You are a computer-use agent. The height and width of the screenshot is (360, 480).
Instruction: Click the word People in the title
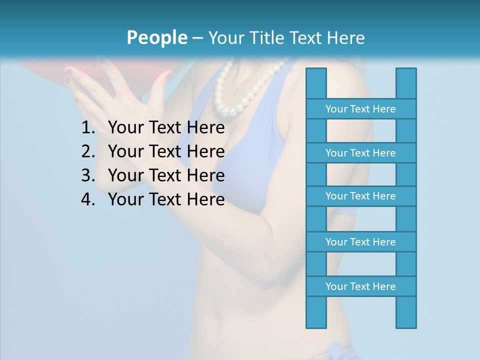[x=156, y=37]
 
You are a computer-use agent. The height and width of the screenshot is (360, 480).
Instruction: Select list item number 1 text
[x=166, y=128]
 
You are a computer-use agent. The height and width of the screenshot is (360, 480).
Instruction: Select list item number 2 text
[x=166, y=151]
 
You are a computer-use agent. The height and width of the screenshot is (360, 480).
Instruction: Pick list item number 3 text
[x=166, y=175]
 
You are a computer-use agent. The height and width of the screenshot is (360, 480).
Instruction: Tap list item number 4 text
[x=166, y=199]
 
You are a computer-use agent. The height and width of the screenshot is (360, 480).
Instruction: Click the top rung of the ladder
[x=360, y=109]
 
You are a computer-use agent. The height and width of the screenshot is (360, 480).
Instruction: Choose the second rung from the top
[x=360, y=153]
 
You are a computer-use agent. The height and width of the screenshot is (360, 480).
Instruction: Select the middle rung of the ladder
[x=360, y=196]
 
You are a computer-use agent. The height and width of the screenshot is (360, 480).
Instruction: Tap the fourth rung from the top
[x=360, y=242]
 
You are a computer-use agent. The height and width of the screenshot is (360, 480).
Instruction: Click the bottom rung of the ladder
[x=360, y=286]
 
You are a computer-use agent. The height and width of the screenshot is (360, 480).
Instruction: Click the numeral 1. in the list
[x=88, y=128]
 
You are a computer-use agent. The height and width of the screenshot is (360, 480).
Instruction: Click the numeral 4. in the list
[x=88, y=199]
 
